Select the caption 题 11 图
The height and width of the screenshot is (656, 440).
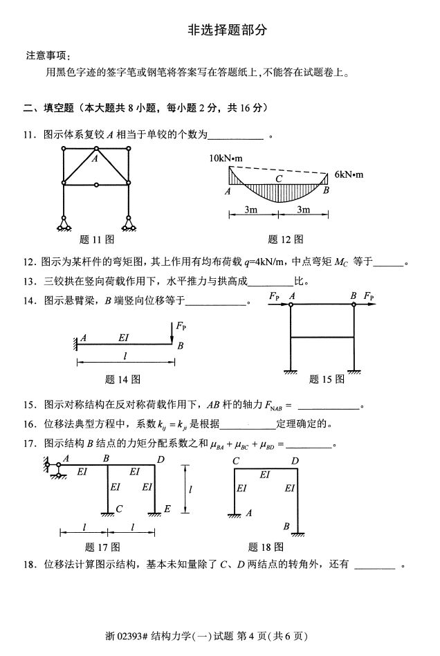(x=96, y=239)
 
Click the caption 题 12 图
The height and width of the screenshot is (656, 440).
(x=285, y=239)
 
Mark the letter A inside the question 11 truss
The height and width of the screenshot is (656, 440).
(x=95, y=158)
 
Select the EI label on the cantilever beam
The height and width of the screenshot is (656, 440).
(x=124, y=338)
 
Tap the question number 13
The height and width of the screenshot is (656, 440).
(x=28, y=282)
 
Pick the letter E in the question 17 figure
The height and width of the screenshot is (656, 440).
(x=167, y=510)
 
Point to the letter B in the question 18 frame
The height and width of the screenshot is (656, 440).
(x=286, y=525)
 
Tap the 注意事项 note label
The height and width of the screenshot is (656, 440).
(x=48, y=55)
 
